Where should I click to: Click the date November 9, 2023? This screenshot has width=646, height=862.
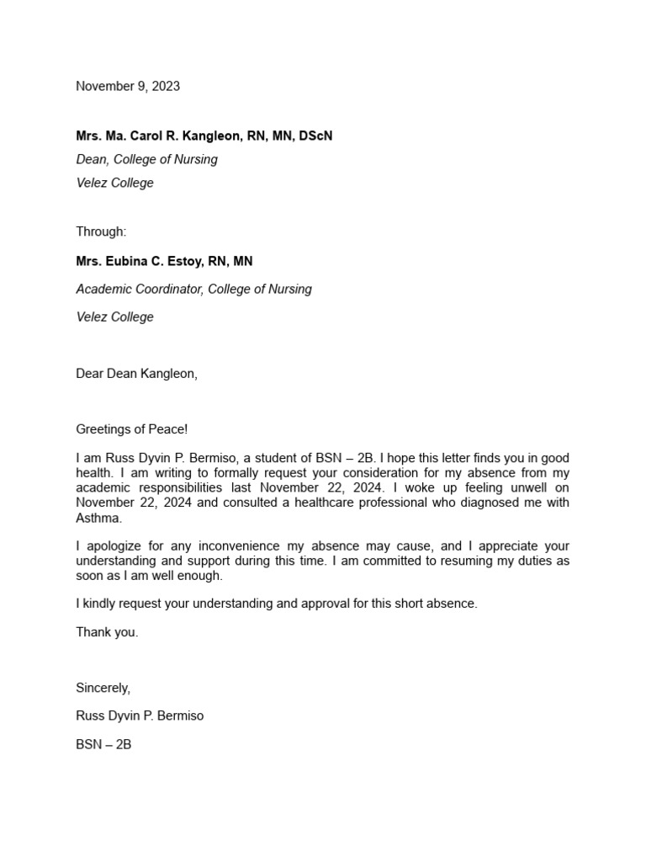pos(128,86)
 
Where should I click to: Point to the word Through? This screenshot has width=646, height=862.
pos(101,231)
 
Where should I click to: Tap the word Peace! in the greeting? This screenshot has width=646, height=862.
pos(167,429)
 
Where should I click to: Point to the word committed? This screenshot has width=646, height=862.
pos(400,561)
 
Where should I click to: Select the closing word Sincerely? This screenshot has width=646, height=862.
pos(103,688)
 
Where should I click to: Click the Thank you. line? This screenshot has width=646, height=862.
pos(107,632)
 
